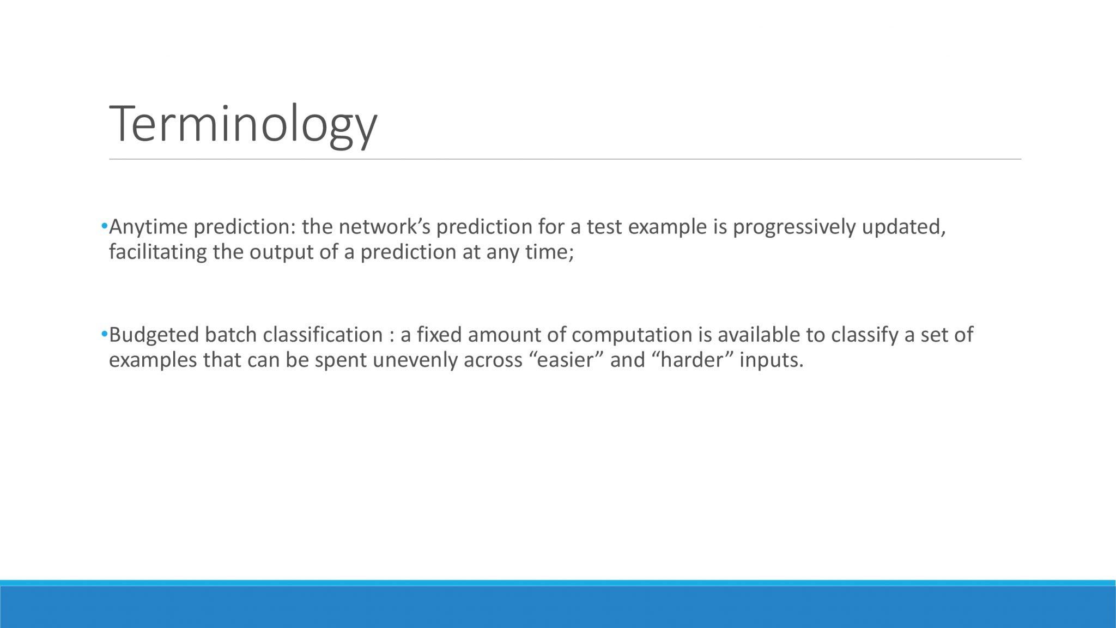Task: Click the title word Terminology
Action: pos(243,124)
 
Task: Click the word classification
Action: pos(323,335)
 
